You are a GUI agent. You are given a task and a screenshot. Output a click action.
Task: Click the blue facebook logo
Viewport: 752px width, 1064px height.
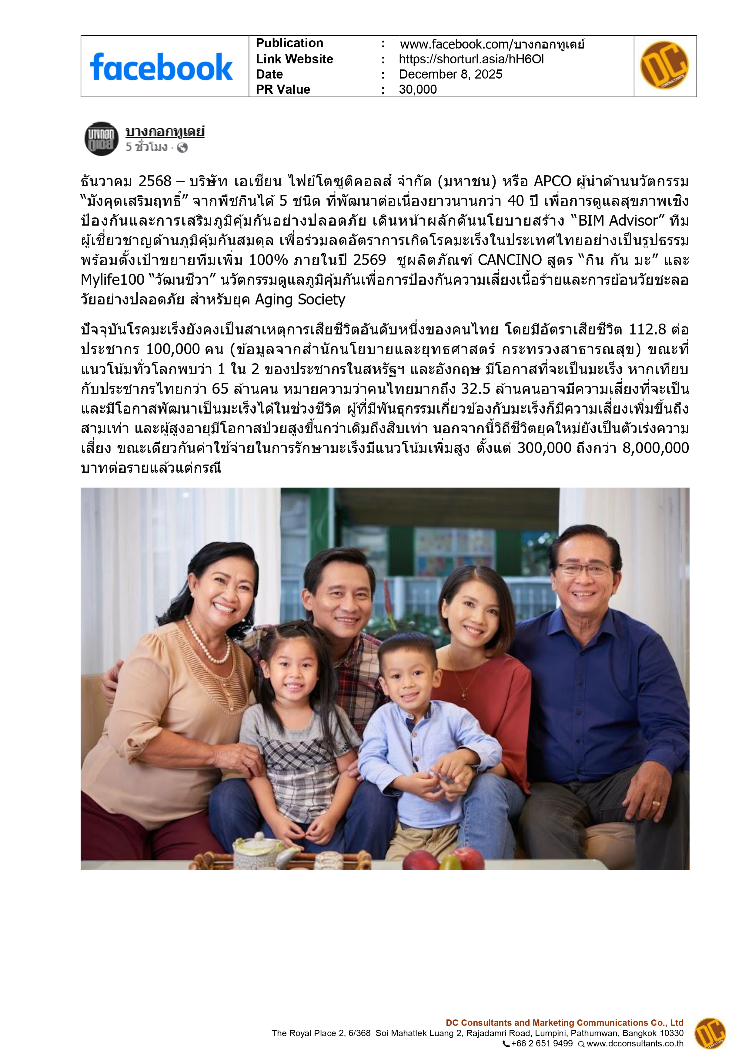point(161,67)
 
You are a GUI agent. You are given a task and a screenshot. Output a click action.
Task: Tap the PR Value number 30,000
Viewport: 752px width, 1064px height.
point(417,89)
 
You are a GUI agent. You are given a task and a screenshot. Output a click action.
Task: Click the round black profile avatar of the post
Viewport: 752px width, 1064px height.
point(102,139)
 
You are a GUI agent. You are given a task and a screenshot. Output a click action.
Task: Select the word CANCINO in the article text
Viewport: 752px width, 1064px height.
point(509,260)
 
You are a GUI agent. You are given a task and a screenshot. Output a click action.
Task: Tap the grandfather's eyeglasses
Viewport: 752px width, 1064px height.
point(585,569)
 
